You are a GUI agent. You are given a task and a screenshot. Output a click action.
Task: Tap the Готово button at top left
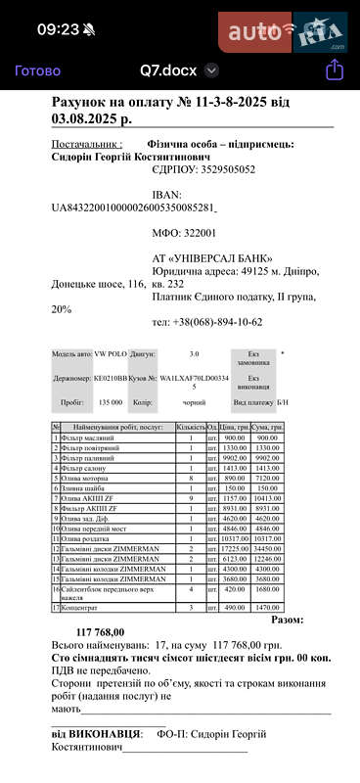coord(37,70)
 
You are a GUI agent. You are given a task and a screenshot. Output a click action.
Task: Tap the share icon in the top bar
coord(334,69)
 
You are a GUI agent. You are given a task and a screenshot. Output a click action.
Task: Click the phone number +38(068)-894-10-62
coord(207,322)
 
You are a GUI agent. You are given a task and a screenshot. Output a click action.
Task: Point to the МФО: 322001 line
coord(185,233)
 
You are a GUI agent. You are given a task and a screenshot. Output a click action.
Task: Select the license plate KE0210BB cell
coord(111,377)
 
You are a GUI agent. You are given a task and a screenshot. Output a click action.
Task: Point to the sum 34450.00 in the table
coord(267,551)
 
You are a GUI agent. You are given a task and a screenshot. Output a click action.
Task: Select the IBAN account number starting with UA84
coord(133,207)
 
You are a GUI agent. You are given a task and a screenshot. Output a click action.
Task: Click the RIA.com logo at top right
coord(320,32)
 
